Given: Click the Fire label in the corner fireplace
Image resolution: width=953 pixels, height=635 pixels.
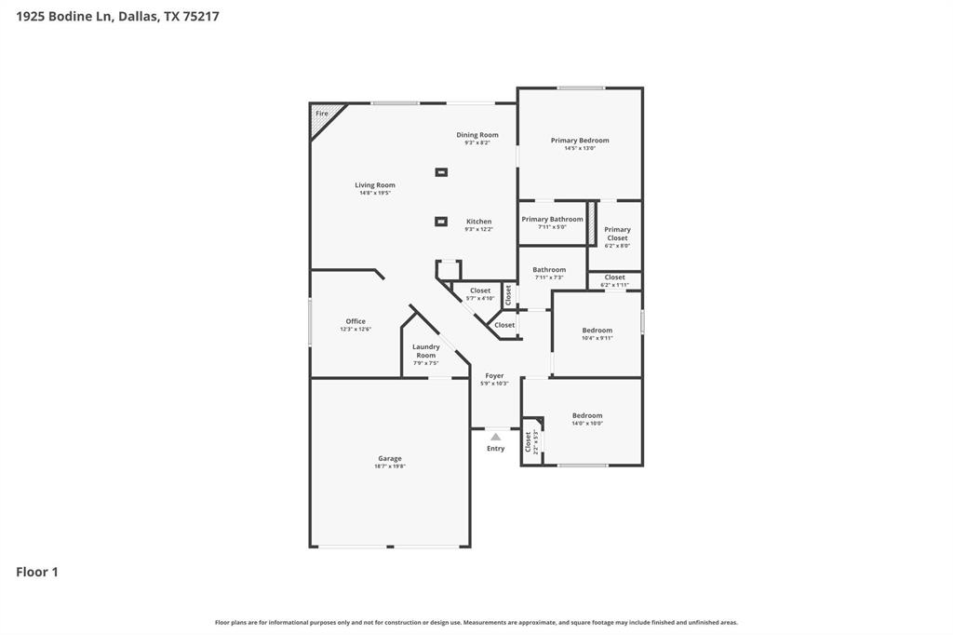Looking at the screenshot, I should click(x=322, y=114).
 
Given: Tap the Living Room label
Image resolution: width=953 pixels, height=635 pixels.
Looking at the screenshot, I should click(x=375, y=185).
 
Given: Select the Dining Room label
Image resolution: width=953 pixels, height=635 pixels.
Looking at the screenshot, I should click(x=477, y=135).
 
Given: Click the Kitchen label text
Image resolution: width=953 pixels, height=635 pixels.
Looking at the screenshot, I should click(x=479, y=222).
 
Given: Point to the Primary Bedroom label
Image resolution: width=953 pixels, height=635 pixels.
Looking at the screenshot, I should click(x=580, y=141).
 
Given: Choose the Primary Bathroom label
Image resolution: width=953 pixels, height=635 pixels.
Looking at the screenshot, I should click(x=552, y=220).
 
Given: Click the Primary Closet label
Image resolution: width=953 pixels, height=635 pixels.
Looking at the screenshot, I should click(x=617, y=234).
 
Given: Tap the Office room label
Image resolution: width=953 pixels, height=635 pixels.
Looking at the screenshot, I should click(x=356, y=321).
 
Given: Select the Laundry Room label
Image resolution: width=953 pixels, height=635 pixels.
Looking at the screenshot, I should click(x=426, y=351).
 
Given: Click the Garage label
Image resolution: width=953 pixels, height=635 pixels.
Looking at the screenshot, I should click(x=390, y=458).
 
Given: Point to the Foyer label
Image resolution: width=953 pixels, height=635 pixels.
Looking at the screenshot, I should click(x=494, y=376).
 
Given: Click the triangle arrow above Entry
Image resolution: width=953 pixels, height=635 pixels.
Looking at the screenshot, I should click(x=496, y=437).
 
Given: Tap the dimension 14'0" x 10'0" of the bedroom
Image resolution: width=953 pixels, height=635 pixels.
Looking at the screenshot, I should click(x=587, y=424).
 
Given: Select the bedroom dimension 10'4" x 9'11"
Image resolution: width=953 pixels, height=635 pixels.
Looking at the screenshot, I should click(x=597, y=338).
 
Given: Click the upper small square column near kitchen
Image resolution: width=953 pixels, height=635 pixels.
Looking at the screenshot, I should click(x=441, y=172).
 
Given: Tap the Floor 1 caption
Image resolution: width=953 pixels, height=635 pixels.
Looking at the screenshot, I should click(x=37, y=572).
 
